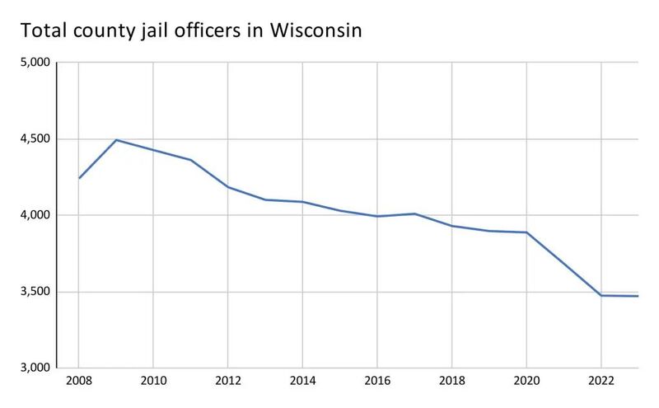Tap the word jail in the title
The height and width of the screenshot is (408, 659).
[x=176, y=31]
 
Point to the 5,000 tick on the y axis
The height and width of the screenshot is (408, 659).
[x=35, y=63]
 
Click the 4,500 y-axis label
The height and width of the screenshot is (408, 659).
[x=35, y=139]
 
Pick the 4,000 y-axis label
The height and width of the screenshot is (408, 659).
[x=35, y=215]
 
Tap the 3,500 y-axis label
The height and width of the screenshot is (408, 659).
[x=35, y=292]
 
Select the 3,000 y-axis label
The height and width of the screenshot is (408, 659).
[x=35, y=368]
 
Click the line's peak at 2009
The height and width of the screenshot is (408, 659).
[x=116, y=140]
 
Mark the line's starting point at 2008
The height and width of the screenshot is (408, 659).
[x=79, y=178]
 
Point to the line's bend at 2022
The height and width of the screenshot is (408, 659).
[x=601, y=295]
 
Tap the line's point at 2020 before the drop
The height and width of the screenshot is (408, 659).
[x=526, y=232]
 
